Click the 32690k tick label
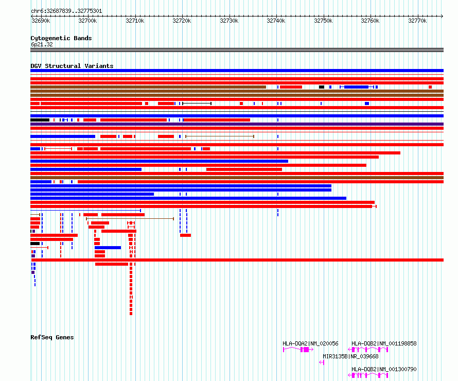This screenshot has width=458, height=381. tap(41, 21)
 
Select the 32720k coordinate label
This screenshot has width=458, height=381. tap(182, 21)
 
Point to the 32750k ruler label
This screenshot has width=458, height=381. tap(323, 21)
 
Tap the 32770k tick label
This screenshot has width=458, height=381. tap(417, 21)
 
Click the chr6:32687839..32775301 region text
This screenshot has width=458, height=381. tap(66, 11)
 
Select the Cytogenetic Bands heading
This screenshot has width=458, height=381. tap(61, 38)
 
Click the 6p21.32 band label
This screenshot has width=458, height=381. tap(41, 44)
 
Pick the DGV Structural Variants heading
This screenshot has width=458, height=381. tap(72, 66)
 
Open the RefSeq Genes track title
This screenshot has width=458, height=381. tap(52, 337)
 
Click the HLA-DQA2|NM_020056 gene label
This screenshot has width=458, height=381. tap(310, 343)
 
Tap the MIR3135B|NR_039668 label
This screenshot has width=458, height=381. tap(350, 356)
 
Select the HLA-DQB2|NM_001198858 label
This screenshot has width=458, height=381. tap(384, 343)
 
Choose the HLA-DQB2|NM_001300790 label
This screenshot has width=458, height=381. tap(384, 369)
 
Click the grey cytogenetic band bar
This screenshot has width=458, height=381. tap(237, 50)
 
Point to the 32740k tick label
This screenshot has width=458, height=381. tap(276, 21)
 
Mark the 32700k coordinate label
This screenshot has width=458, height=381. tap(87, 21)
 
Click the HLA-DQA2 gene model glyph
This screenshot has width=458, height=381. tap(298, 350)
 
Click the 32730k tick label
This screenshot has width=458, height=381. tap(229, 21)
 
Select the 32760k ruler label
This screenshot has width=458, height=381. tap(370, 21)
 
